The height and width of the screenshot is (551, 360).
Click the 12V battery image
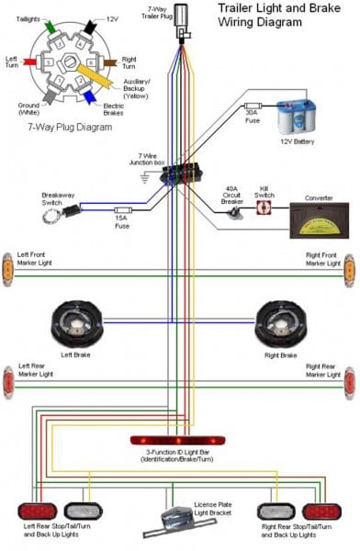click(299, 117)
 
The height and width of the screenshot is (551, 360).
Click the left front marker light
click(7, 266)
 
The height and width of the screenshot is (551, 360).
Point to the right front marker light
click(349, 266)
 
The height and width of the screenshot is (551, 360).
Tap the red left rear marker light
click(7, 381)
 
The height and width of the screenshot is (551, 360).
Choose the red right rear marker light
click(349, 381)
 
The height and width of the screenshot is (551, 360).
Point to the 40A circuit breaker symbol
click(233, 210)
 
